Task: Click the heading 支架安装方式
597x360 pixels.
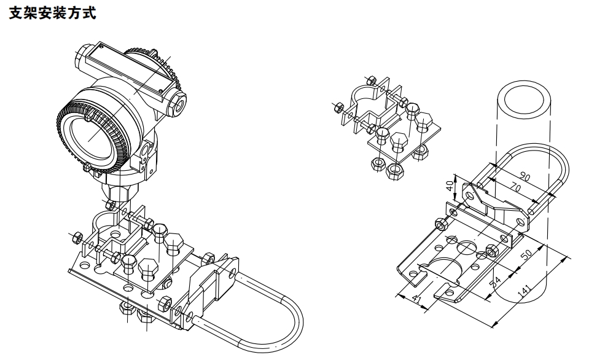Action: pos(53,13)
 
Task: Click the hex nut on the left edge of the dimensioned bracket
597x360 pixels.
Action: pos(440,224)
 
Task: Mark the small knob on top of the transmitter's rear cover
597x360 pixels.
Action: pos(153,50)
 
